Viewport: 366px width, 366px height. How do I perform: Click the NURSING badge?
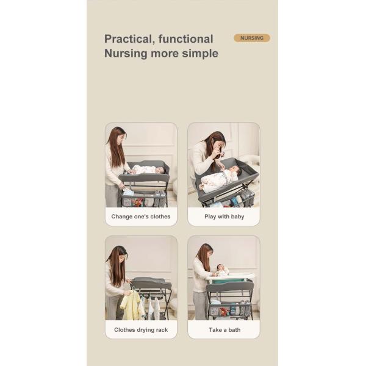click(251, 38)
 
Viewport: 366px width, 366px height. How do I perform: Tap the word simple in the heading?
click(201, 54)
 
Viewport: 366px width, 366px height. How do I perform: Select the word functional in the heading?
click(185, 39)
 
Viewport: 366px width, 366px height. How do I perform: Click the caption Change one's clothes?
click(141, 217)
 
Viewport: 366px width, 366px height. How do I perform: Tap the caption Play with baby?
click(224, 217)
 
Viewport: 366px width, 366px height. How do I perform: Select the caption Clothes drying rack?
click(141, 330)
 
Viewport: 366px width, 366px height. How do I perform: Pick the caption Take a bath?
click(224, 330)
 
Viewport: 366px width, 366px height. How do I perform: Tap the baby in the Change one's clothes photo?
click(146, 170)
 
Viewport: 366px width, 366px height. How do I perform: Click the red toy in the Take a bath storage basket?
click(224, 312)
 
